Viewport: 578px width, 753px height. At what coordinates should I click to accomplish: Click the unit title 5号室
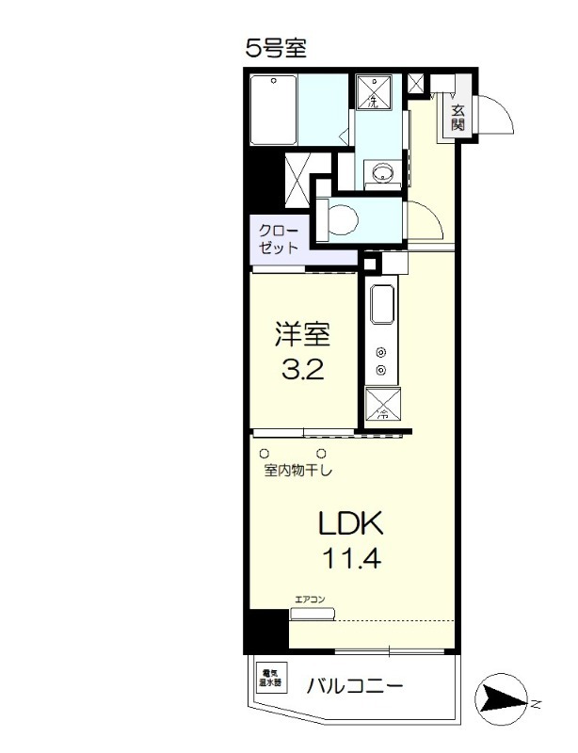click(277, 48)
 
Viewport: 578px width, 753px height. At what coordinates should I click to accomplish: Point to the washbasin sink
click(382, 172)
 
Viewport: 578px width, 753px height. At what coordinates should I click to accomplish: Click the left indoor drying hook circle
click(265, 453)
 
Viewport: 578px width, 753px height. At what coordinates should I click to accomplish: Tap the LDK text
click(352, 523)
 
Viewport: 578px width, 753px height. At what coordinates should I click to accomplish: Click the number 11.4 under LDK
click(352, 560)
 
